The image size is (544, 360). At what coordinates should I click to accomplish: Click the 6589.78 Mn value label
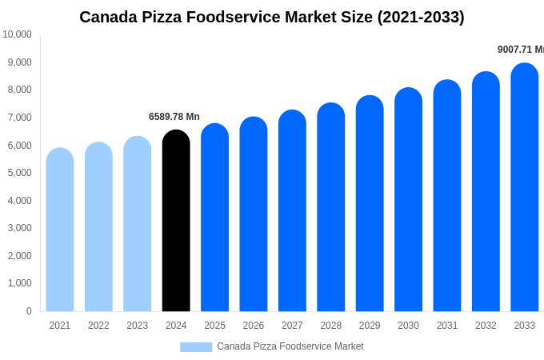point(174,117)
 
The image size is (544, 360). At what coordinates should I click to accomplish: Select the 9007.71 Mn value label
point(520,50)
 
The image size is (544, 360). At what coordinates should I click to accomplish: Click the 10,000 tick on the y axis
point(17,34)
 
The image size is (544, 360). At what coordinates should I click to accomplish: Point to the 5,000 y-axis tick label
point(17,173)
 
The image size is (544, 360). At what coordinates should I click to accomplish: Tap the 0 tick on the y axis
point(29,311)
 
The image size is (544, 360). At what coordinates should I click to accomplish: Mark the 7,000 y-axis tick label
point(17,118)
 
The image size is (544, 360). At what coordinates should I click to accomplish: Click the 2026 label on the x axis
point(254,326)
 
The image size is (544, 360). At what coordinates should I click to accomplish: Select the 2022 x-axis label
point(98,326)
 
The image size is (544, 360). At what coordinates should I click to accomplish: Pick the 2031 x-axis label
point(447,326)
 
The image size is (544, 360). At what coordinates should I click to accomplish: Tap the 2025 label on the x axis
point(214,326)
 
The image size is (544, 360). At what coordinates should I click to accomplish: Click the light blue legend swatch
point(196,347)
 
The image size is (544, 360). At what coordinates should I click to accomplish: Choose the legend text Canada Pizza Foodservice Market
point(290,346)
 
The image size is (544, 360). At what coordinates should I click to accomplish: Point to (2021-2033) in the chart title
point(420,17)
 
